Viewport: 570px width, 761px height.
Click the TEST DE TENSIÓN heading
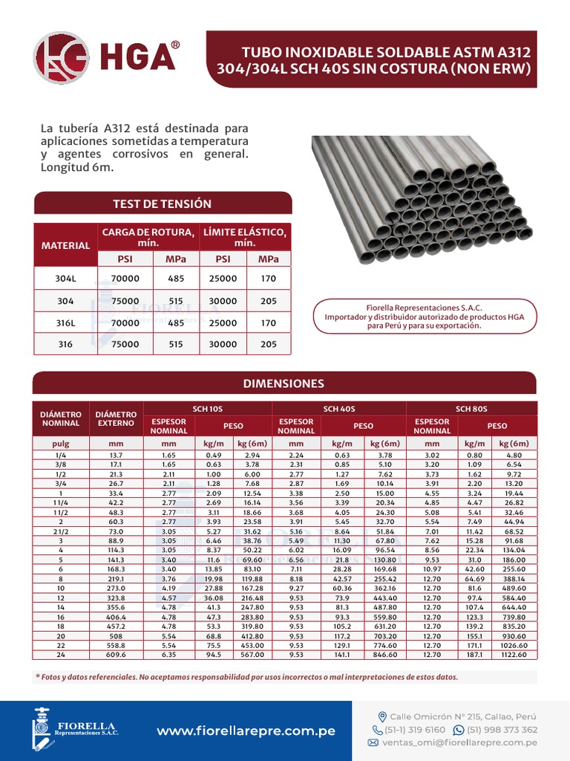(162, 204)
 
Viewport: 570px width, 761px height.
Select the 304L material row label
(65, 279)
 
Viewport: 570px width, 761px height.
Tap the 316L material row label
(65, 323)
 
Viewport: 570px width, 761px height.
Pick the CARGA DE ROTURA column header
(148, 237)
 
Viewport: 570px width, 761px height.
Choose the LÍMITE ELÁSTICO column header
(245, 237)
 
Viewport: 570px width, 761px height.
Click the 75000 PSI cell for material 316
(125, 344)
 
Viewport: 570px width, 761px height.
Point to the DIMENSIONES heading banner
(284, 383)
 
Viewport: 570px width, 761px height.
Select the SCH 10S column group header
(207, 409)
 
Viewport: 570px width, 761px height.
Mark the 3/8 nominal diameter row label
(59, 464)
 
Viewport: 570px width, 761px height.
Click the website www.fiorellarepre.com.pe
(246, 731)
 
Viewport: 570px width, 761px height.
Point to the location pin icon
(382, 716)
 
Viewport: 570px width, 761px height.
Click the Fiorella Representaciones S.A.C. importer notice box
(424, 317)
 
